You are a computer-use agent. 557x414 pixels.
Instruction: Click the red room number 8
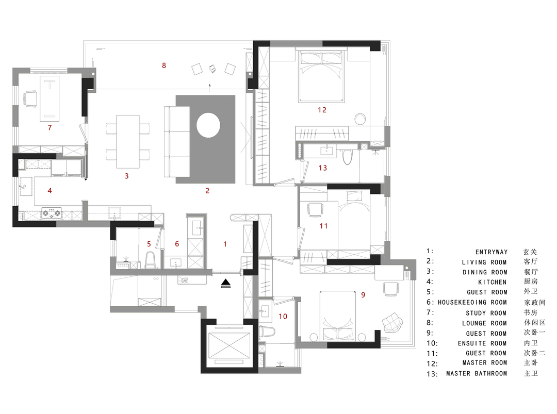pos(164,65)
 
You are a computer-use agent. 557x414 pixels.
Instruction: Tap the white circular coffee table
pos(208,125)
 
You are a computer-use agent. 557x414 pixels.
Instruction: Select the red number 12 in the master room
pos(322,110)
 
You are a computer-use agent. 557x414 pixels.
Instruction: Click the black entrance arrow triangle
pos(226,283)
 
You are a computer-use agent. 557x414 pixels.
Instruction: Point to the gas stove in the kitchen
pos(52,213)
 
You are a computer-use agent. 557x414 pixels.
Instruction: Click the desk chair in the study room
pos(30,98)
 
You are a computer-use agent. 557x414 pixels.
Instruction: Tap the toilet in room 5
pos(150,260)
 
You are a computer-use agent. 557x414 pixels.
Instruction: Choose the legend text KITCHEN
pos(492,283)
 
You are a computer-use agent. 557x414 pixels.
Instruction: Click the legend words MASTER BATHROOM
pos(477,373)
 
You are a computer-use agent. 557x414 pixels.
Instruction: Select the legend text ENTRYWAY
pos(492,252)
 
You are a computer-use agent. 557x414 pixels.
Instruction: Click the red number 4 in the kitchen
pos(50,191)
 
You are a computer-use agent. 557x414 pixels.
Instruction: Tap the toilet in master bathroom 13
pos(347,157)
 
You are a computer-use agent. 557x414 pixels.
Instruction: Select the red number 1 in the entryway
pos(225,244)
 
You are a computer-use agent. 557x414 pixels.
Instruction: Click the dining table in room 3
pos(128,141)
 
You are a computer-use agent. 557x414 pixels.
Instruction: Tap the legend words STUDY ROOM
pos(486,313)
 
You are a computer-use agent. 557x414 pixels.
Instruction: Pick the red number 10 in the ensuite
pos(283,317)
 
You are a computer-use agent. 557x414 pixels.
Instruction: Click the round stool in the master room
pos(360,119)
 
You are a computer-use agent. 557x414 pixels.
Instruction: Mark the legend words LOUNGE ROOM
pos(484,323)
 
